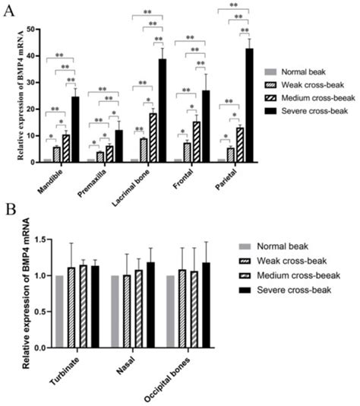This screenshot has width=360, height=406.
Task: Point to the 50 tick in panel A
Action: click(x=30, y=29)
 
